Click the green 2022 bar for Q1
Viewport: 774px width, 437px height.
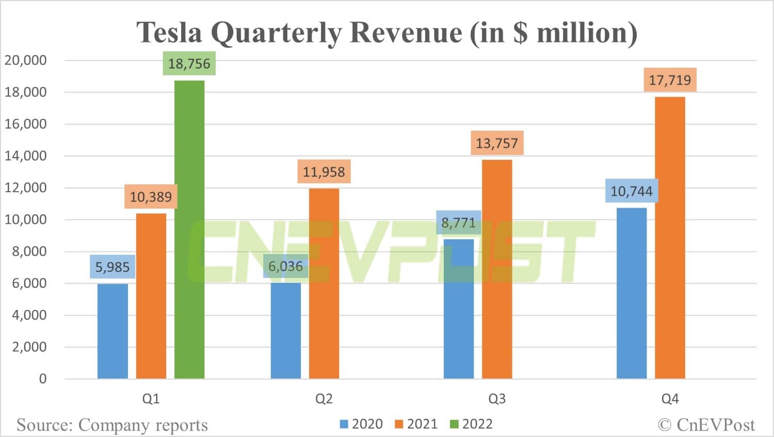pyautogui.click(x=189, y=230)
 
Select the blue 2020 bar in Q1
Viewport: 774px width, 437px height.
pyautogui.click(x=112, y=331)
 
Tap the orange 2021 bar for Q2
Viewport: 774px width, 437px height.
pyautogui.click(x=324, y=284)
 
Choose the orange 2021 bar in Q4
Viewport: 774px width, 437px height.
pyautogui.click(x=670, y=238)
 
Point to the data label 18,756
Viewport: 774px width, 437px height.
pyautogui.click(x=189, y=64)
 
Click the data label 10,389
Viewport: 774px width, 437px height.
pyautogui.click(x=151, y=197)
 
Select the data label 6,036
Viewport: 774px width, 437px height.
pyautogui.click(x=285, y=267)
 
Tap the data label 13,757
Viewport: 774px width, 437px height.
pyautogui.click(x=496, y=143)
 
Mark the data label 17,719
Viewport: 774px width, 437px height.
pyautogui.click(x=670, y=80)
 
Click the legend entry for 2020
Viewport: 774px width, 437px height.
pyautogui.click(x=361, y=424)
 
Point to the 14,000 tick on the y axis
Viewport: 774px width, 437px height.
pyautogui.click(x=26, y=155)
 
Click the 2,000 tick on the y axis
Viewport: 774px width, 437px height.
pyautogui.click(x=29, y=347)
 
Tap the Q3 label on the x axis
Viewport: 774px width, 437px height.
pyautogui.click(x=497, y=399)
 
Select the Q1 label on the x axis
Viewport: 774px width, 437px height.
pyautogui.click(x=151, y=399)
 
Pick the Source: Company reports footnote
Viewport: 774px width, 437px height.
pyautogui.click(x=112, y=425)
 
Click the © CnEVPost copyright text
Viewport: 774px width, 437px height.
pyautogui.click(x=706, y=425)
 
